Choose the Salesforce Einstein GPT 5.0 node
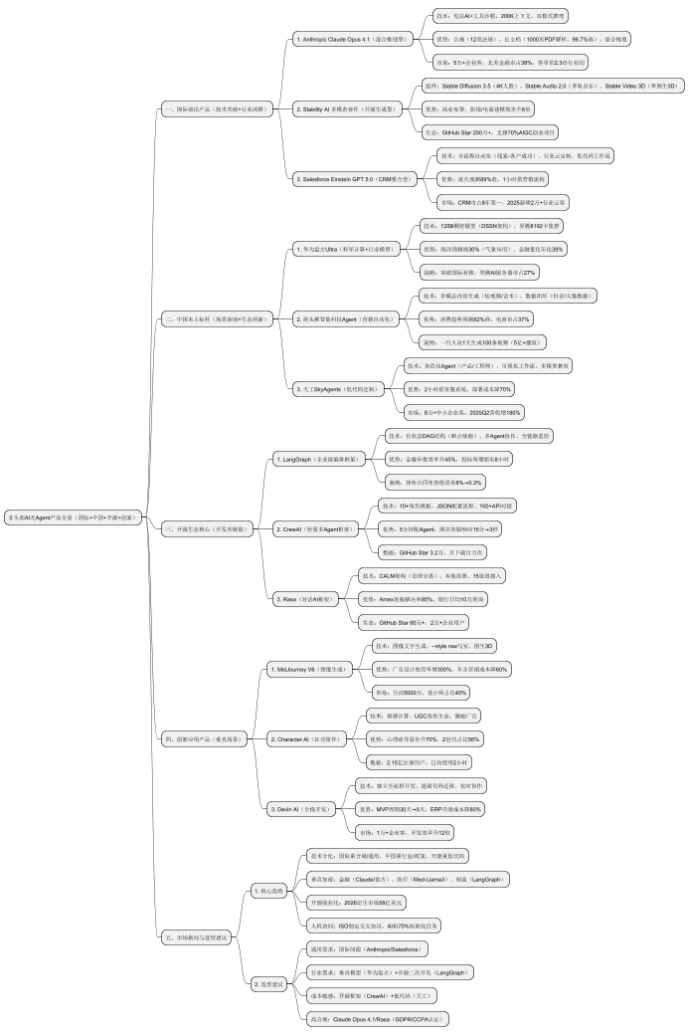click(353, 179)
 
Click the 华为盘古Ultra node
click(337, 250)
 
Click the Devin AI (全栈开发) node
click(301, 810)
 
